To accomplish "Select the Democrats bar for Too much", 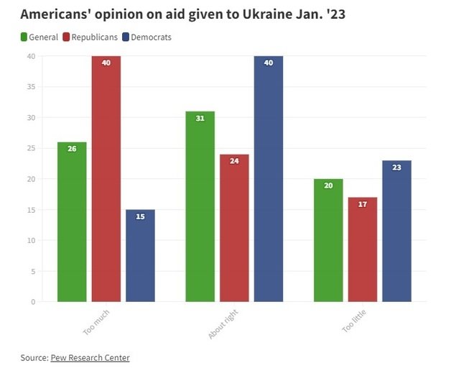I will click(x=140, y=255).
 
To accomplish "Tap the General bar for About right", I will click(x=200, y=206).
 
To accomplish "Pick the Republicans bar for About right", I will click(x=234, y=228).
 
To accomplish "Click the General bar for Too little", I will click(x=328, y=240).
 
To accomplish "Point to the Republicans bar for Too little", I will click(x=363, y=249).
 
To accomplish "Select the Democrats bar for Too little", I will click(x=396, y=231).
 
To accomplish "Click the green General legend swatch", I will click(x=24, y=37).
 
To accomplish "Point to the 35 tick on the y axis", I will click(x=30, y=87).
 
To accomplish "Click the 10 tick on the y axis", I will click(x=30, y=240).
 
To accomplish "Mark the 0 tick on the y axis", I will click(x=32, y=302).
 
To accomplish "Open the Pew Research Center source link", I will click(x=90, y=357).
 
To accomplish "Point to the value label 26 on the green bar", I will click(x=72, y=149).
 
